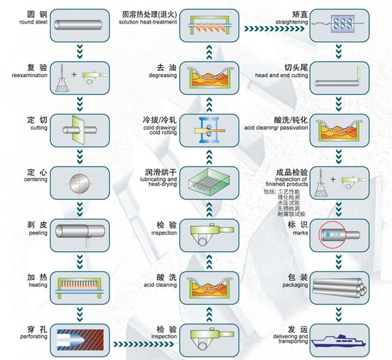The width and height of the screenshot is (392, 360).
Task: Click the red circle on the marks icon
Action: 329,234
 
